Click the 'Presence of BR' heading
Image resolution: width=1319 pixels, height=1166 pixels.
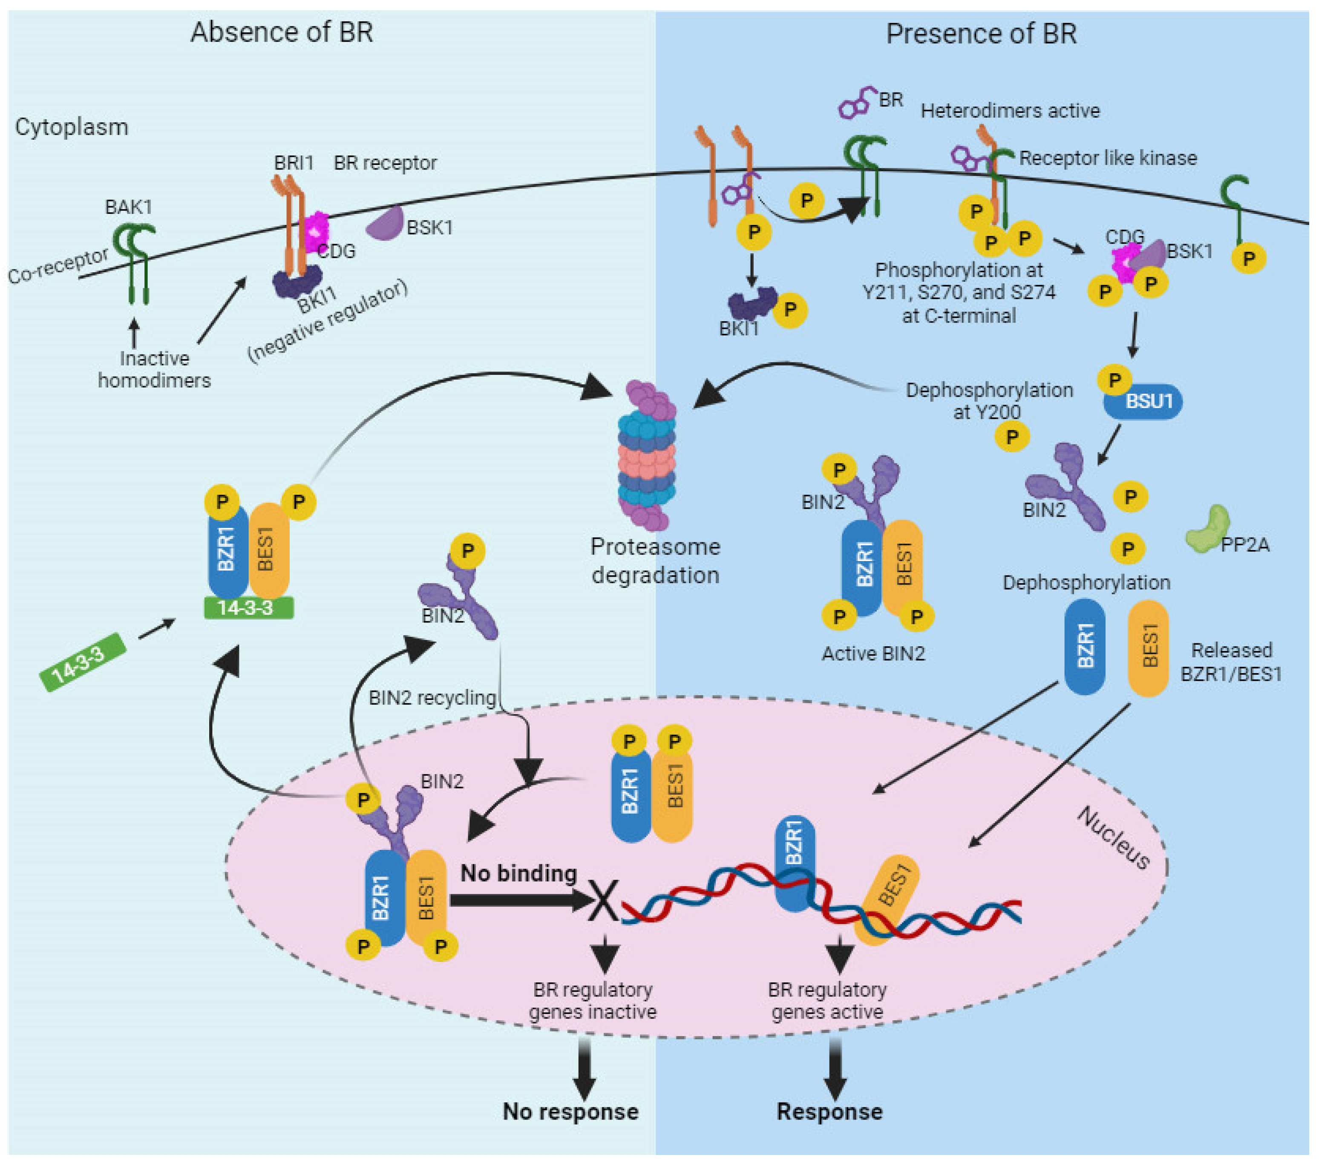[x=982, y=34]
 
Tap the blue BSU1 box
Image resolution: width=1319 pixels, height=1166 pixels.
[x=1143, y=401]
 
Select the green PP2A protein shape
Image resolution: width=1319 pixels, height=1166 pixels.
[x=1207, y=529]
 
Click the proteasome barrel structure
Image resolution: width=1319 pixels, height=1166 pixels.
[x=647, y=455]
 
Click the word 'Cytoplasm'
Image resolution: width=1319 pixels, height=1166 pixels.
[x=72, y=127]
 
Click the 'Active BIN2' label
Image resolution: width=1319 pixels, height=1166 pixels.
[x=873, y=654]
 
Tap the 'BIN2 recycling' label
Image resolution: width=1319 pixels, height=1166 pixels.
[x=432, y=697]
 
